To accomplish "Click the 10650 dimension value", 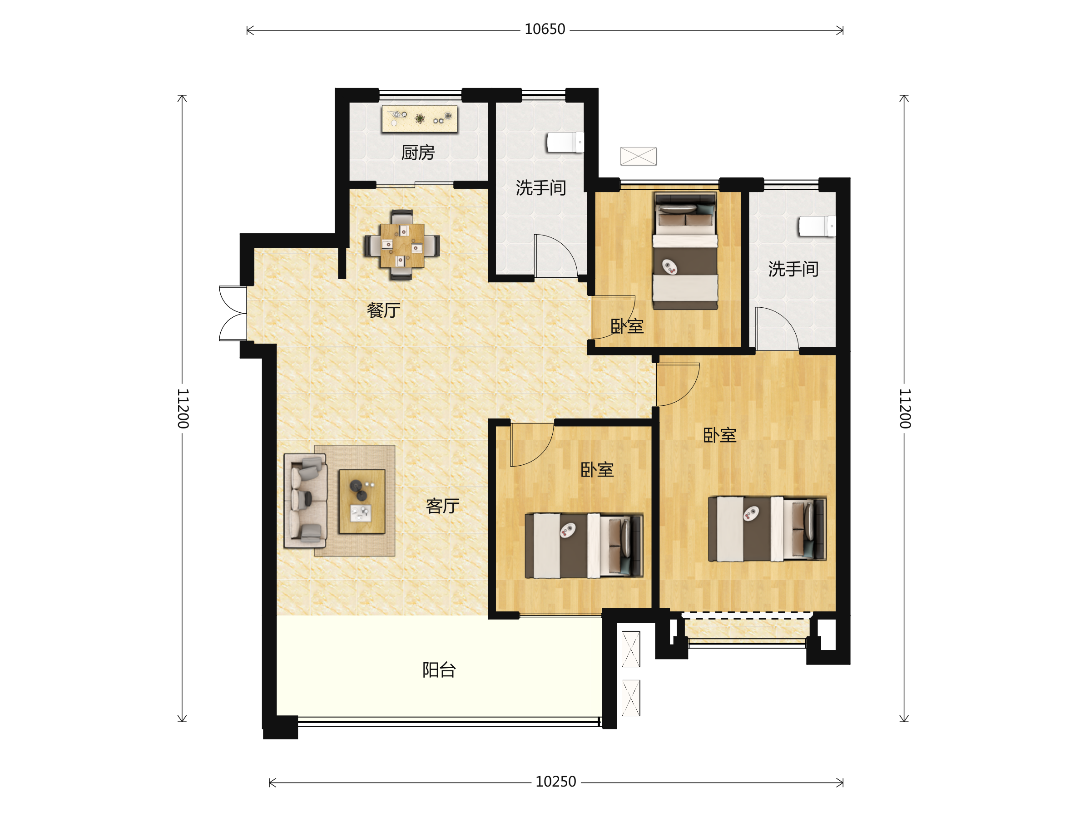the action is (545, 30).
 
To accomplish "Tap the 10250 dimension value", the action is (555, 782).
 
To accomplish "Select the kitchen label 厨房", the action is (418, 153).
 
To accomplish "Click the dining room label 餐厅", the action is (383, 310).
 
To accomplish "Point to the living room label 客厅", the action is (442, 506).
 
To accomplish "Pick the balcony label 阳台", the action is (439, 670).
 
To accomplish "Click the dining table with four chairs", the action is (402, 245).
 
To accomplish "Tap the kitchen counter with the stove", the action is (419, 118).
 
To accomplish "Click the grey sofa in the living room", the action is (306, 501).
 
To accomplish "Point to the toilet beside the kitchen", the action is (565, 143).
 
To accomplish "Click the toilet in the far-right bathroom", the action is (817, 226).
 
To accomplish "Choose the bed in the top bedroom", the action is (685, 251).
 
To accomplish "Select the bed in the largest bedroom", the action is (767, 529).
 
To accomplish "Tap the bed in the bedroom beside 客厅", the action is (584, 546).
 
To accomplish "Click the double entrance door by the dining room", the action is (233, 313).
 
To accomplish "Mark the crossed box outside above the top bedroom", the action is (638, 156).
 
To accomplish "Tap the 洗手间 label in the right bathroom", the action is (793, 269).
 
